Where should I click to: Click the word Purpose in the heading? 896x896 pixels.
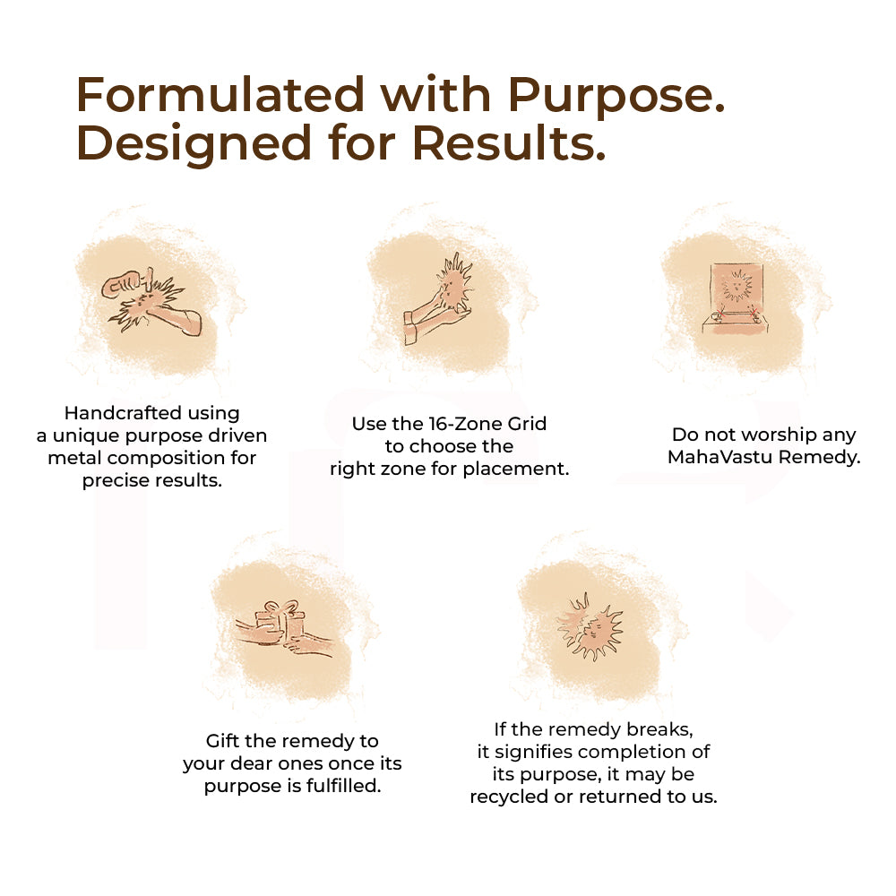tap(616, 96)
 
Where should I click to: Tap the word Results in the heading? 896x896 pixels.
tap(508, 142)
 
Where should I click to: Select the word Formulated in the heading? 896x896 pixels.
tap(220, 94)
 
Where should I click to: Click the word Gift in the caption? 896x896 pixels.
tap(220, 741)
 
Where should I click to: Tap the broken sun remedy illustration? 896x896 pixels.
tap(590, 627)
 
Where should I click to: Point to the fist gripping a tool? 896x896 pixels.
tap(121, 284)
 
